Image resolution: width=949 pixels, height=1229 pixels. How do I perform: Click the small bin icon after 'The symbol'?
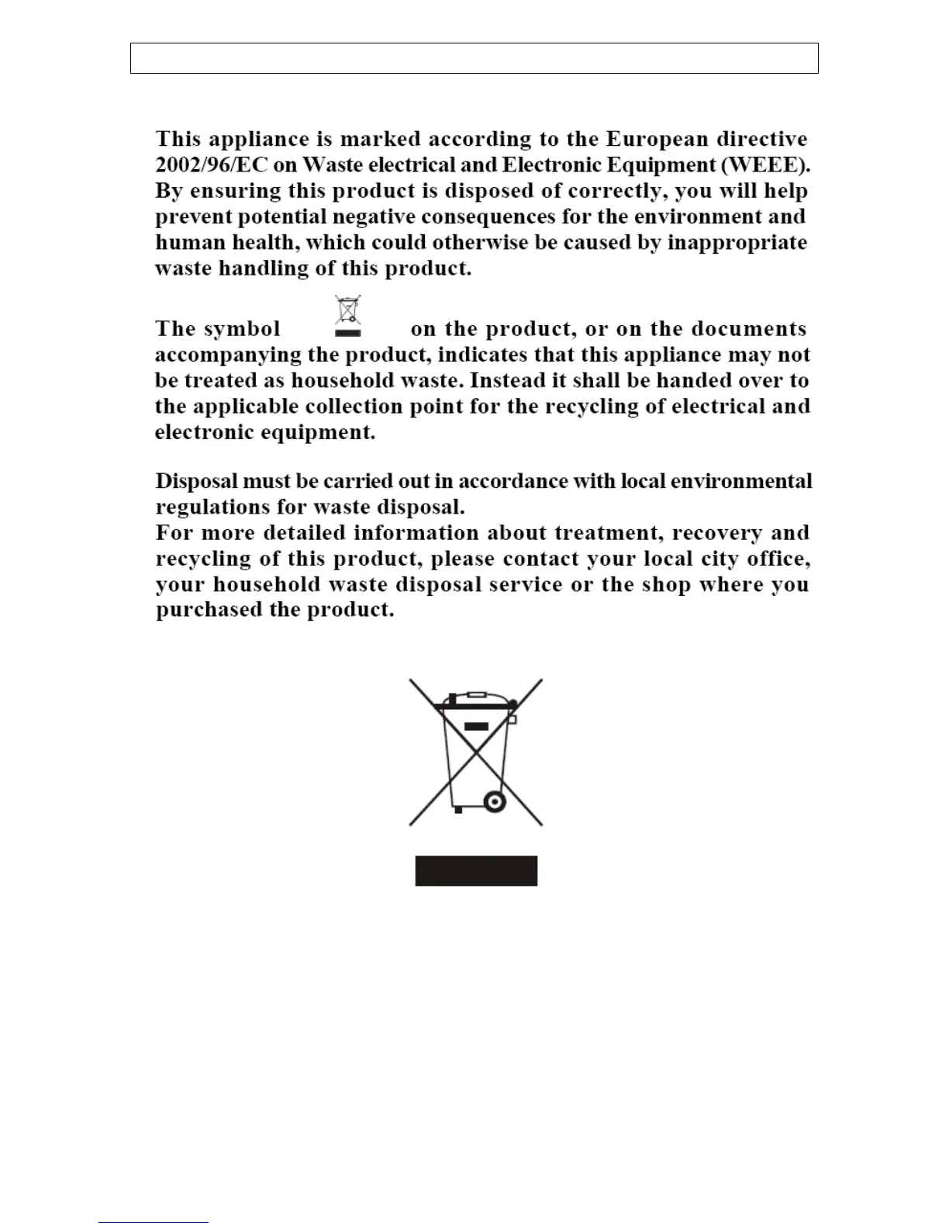pos(348,316)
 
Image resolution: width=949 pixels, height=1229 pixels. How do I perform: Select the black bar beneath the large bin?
pos(476,871)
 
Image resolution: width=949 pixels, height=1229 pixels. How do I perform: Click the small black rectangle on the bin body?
pos(476,727)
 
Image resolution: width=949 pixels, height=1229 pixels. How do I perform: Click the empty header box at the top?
pos(474,58)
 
